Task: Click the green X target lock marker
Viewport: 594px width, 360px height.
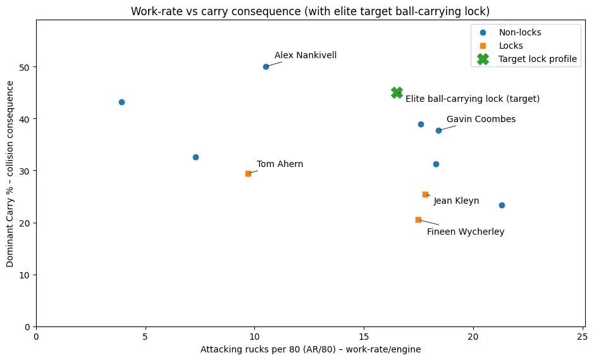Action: [397, 92]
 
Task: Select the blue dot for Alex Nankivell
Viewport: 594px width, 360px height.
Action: [266, 66]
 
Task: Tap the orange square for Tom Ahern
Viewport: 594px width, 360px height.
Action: [248, 173]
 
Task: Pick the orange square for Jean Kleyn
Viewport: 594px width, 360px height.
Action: [425, 194]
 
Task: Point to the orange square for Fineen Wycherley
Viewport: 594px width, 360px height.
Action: [418, 220]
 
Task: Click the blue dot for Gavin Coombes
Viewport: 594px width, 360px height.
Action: [438, 130]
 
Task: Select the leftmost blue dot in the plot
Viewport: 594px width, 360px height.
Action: [121, 102]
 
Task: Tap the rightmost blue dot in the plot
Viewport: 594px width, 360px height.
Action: [502, 205]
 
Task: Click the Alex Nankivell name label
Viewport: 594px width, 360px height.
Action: [306, 56]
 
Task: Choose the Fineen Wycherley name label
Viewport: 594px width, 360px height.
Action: [466, 232]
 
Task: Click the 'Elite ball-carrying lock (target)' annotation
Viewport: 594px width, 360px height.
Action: [473, 99]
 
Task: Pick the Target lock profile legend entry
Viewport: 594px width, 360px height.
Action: [537, 59]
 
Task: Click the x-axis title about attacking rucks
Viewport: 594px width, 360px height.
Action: [311, 349]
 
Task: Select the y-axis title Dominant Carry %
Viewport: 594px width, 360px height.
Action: [10, 173]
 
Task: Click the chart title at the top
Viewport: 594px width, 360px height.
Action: [310, 11]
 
